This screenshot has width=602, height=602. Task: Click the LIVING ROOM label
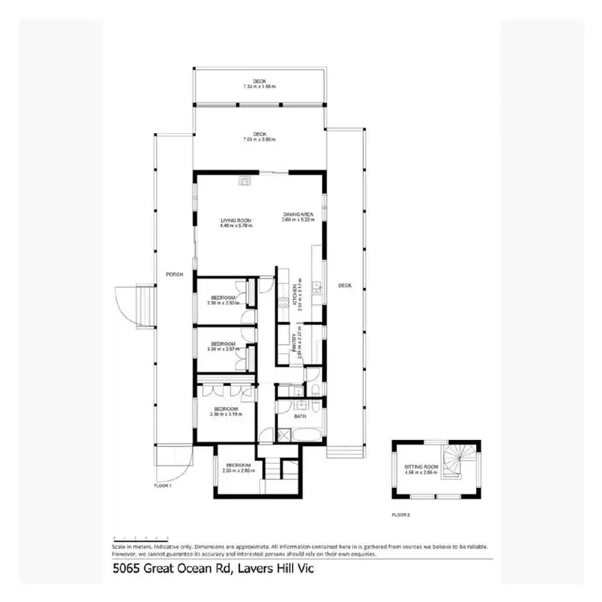tap(237, 220)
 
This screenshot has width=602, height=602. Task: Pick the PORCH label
tap(175, 275)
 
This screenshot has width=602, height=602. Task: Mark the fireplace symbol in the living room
tap(243, 181)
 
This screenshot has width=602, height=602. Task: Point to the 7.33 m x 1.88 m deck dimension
tap(259, 86)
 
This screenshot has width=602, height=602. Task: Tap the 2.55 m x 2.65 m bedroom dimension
tap(238, 470)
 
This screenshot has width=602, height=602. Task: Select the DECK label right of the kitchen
tap(344, 287)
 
